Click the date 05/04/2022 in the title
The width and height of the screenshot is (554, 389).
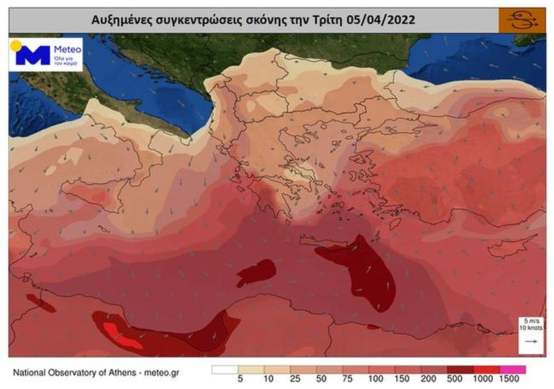pyautogui.click(x=381, y=20)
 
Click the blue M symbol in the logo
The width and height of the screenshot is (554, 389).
pyautogui.click(x=33, y=56)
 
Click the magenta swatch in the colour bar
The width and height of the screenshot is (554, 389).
pyautogui.click(x=513, y=369)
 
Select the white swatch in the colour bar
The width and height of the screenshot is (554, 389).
pyautogui.click(x=224, y=369)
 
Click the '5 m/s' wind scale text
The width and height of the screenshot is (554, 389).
pyautogui.click(x=529, y=321)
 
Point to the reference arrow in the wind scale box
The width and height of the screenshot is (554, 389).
pyautogui.click(x=529, y=342)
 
